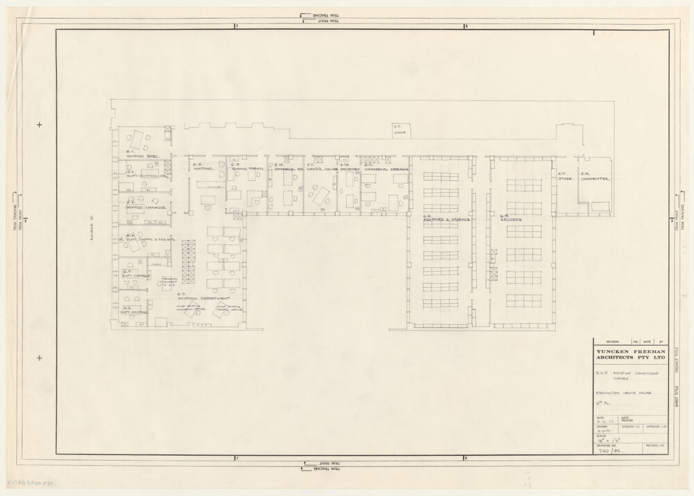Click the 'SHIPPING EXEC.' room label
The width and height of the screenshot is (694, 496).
(142, 157)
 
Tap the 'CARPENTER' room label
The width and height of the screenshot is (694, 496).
(595, 179)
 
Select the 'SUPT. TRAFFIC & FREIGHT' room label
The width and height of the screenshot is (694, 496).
(149, 239)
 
